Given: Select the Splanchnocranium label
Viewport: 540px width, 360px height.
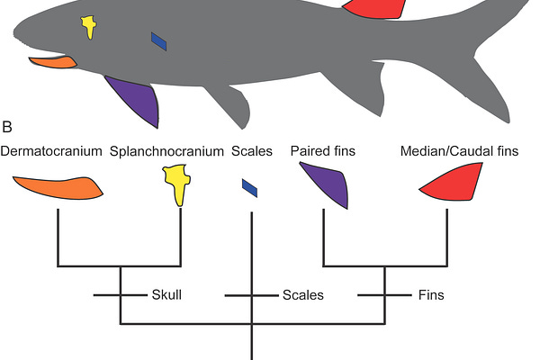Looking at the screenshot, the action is pos(166,152).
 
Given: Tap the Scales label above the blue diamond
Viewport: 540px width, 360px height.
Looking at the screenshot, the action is pos(251,152).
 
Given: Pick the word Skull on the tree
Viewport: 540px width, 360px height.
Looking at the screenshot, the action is pos(167,294).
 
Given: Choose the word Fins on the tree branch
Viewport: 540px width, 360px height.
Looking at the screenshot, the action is pos(430,294).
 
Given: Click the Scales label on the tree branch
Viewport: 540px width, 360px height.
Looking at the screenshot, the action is pos(302,294).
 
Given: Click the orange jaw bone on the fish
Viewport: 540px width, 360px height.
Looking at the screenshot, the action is pos(52,63).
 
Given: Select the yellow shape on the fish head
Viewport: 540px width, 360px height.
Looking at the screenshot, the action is pos(89,26).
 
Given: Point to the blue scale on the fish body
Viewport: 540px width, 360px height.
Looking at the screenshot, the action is pos(159,41).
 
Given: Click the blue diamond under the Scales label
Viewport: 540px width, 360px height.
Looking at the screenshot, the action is pos(249,187).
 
